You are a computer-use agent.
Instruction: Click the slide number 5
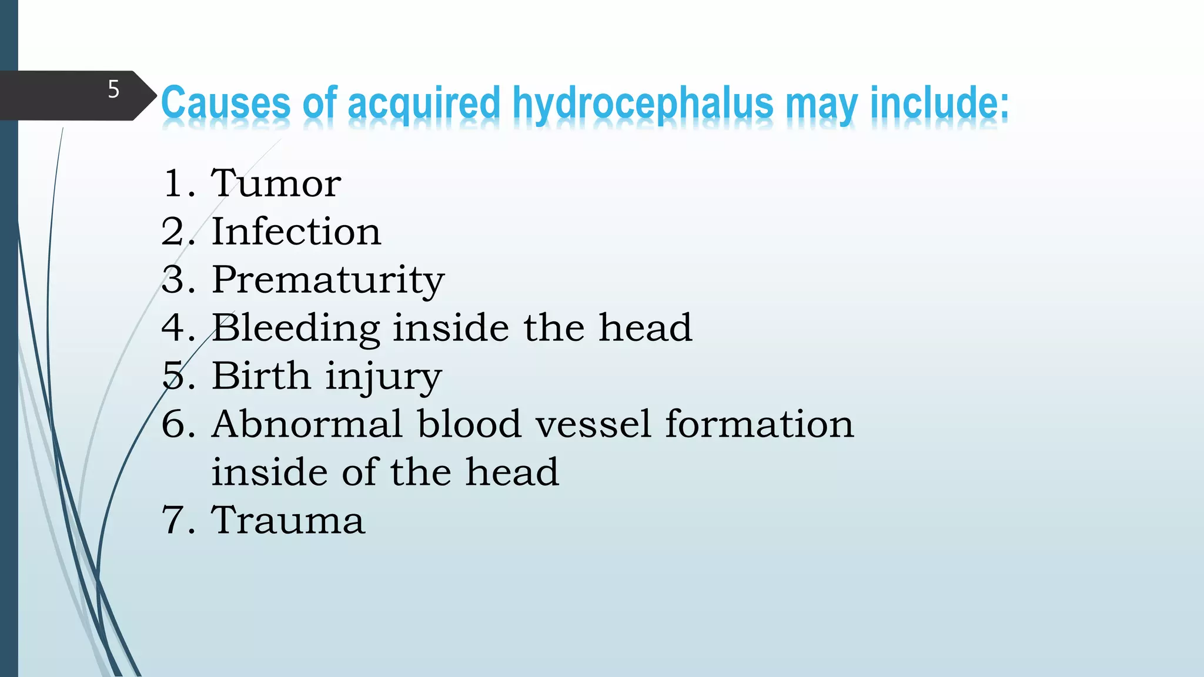click(113, 89)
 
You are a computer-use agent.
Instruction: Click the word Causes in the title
click(226, 103)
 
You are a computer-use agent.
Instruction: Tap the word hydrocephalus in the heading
click(643, 103)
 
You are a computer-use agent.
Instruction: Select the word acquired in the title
click(423, 103)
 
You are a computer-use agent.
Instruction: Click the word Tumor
click(276, 183)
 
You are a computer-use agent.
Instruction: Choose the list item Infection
click(296, 231)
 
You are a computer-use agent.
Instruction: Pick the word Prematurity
click(327, 280)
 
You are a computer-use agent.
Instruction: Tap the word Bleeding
click(296, 328)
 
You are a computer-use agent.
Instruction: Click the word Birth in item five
click(261, 376)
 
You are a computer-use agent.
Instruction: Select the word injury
click(383, 377)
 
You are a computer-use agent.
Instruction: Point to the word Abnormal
click(307, 424)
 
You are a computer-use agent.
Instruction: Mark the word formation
click(759, 424)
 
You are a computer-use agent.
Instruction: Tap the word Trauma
click(288, 520)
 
